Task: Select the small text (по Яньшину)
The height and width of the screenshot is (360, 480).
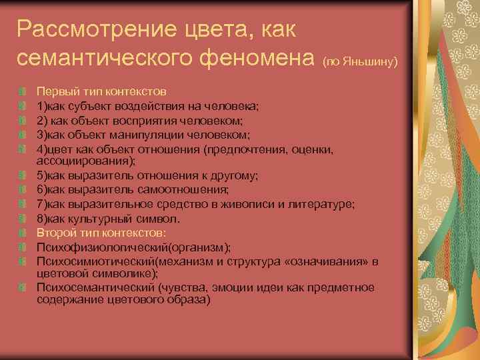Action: pos(360,62)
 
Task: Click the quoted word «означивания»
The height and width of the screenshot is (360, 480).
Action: pos(329,262)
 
